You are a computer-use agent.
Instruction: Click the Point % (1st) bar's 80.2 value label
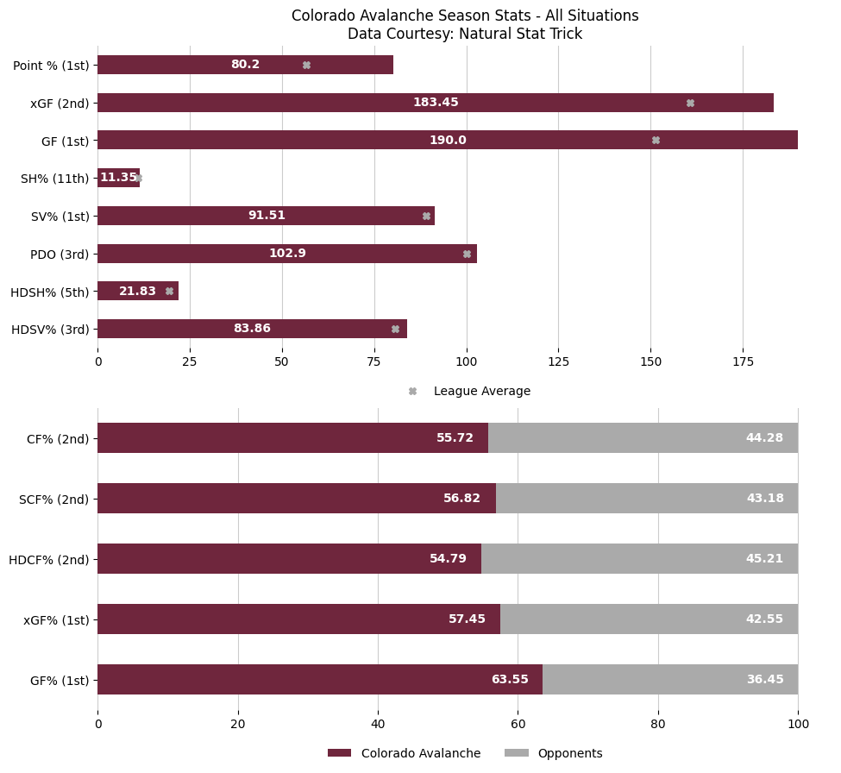(245, 65)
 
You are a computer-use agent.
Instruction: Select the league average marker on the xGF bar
(690, 103)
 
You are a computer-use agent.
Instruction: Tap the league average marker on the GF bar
(656, 140)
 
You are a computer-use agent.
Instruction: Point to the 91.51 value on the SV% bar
(267, 216)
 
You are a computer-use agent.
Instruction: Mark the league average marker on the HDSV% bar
(395, 329)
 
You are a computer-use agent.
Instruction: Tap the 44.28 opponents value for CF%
(764, 438)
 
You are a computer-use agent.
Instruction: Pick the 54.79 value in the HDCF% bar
(448, 559)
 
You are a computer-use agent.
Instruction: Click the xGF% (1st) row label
(56, 619)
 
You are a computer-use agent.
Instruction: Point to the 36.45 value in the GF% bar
(764, 680)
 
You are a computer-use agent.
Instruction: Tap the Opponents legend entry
(569, 753)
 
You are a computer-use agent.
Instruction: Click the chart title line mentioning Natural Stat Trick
(465, 35)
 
